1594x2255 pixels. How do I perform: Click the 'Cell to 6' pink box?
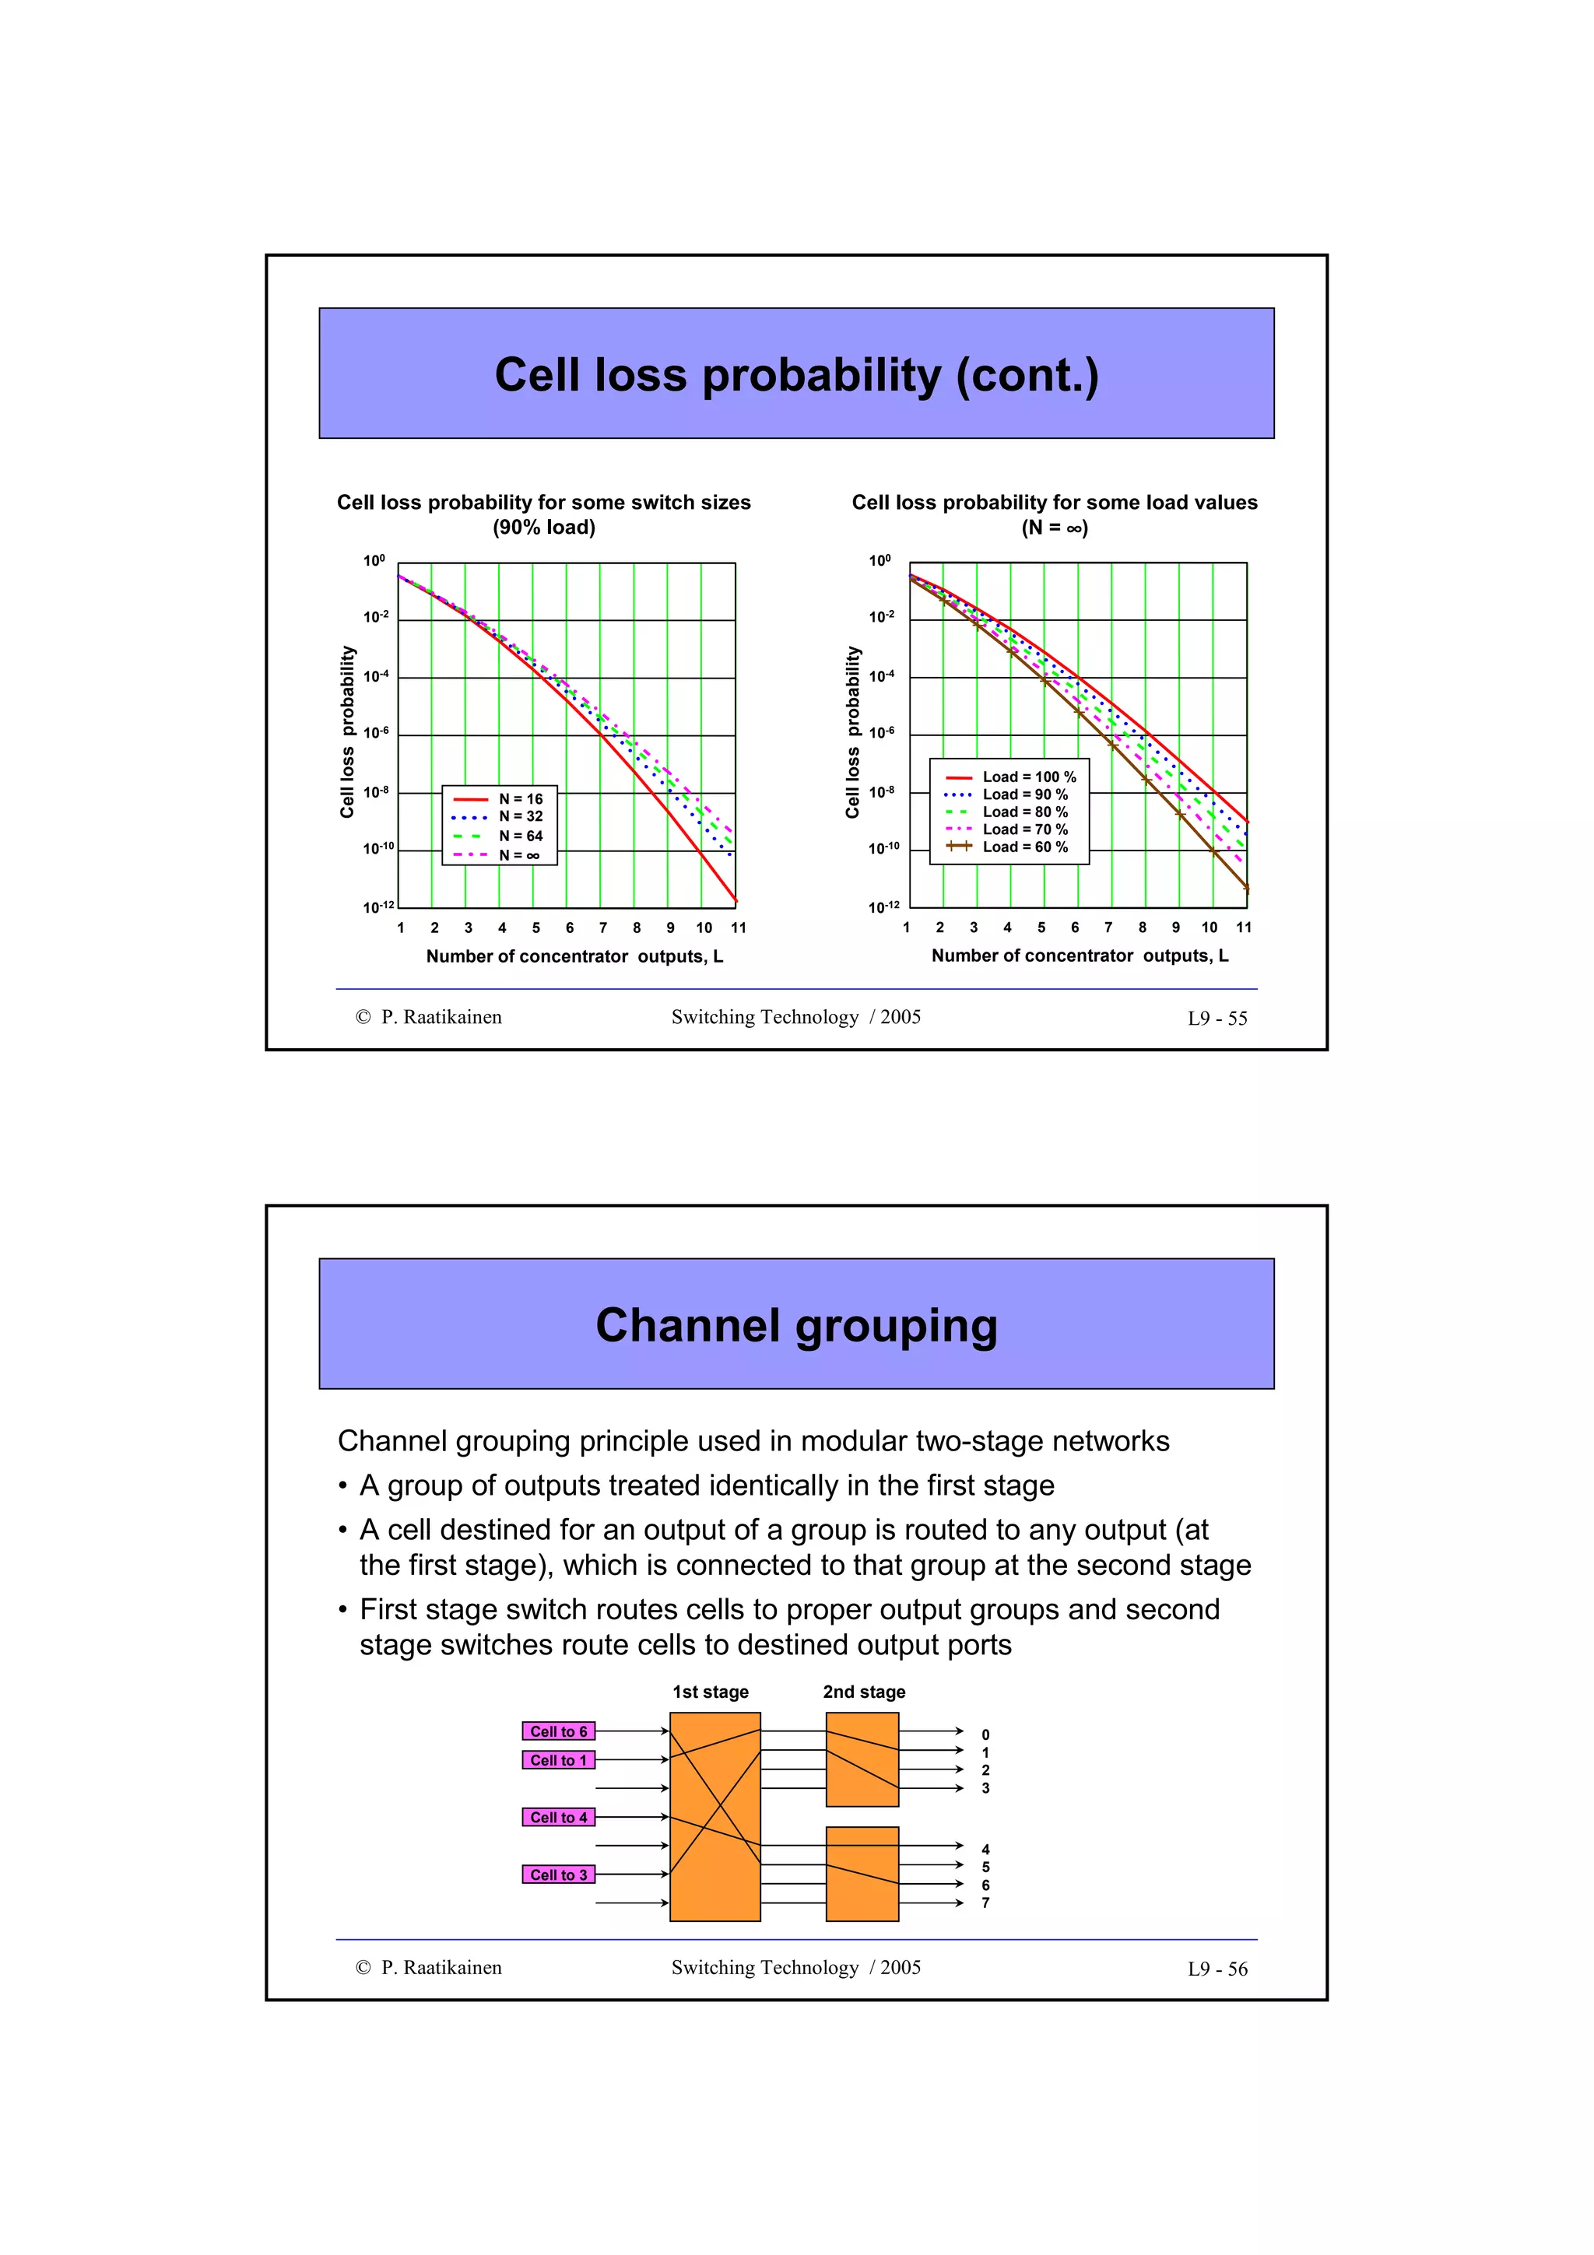558,1731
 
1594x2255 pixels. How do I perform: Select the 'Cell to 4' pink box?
558,1818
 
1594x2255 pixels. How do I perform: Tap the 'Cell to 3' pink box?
558,1875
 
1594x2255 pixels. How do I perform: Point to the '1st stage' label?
710,1692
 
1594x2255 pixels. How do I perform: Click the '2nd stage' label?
863,1692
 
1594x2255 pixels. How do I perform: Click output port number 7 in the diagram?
985,1903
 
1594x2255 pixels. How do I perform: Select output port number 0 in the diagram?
985,1735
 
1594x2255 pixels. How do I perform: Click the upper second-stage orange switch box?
862,1759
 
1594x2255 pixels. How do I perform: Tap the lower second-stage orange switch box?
862,1874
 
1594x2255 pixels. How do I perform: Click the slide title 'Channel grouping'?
796,1325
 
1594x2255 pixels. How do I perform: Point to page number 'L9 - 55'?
1217,1019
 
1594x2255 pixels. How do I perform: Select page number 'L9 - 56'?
1217,1969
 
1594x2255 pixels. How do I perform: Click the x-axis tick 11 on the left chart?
738,928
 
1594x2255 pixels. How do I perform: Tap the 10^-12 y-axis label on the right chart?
883,907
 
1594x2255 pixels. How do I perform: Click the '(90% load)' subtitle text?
543,528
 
